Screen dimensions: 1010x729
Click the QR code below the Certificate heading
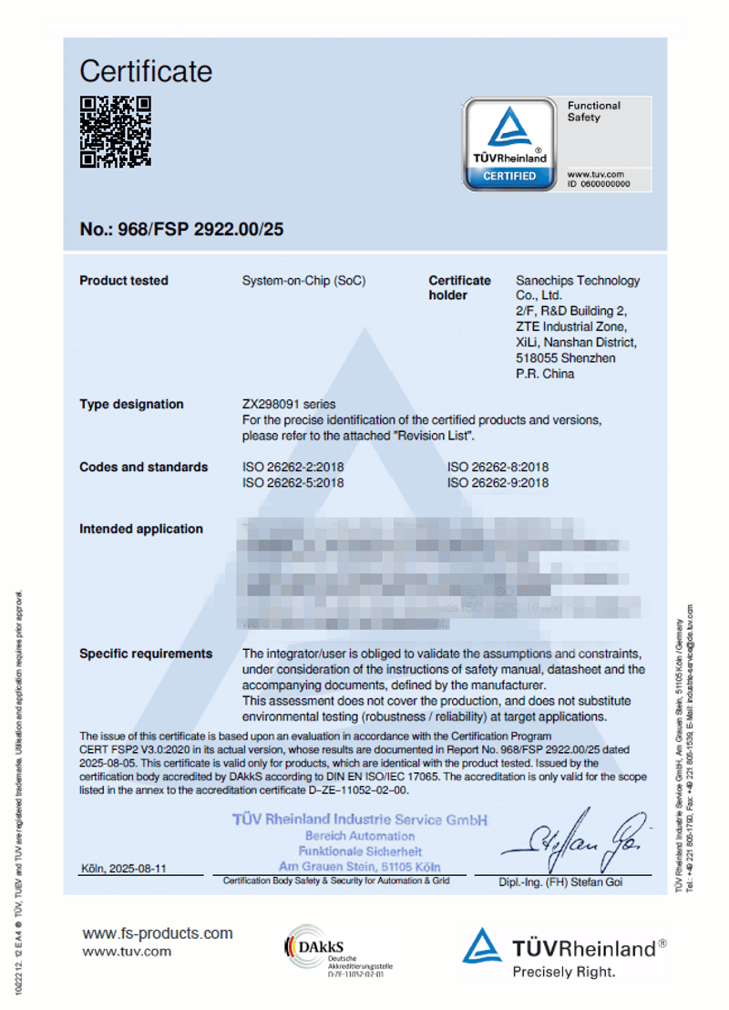115,132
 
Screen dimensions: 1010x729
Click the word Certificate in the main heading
146,71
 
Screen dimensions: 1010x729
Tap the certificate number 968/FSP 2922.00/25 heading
181,229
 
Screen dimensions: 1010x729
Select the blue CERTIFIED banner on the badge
509,176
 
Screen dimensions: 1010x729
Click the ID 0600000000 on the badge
598,183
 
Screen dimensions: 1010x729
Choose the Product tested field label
124,281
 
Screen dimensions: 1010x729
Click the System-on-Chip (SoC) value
303,281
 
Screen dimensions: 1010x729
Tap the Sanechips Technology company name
578,281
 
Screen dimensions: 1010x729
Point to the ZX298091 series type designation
288,404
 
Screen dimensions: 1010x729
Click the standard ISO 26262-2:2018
293,467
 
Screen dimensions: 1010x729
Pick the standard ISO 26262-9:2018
498,483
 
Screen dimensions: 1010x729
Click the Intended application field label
141,529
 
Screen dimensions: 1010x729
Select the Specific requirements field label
146,654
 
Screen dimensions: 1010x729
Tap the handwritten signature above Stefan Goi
574,843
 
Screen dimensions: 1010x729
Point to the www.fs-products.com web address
158,933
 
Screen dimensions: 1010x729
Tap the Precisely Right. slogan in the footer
563,972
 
